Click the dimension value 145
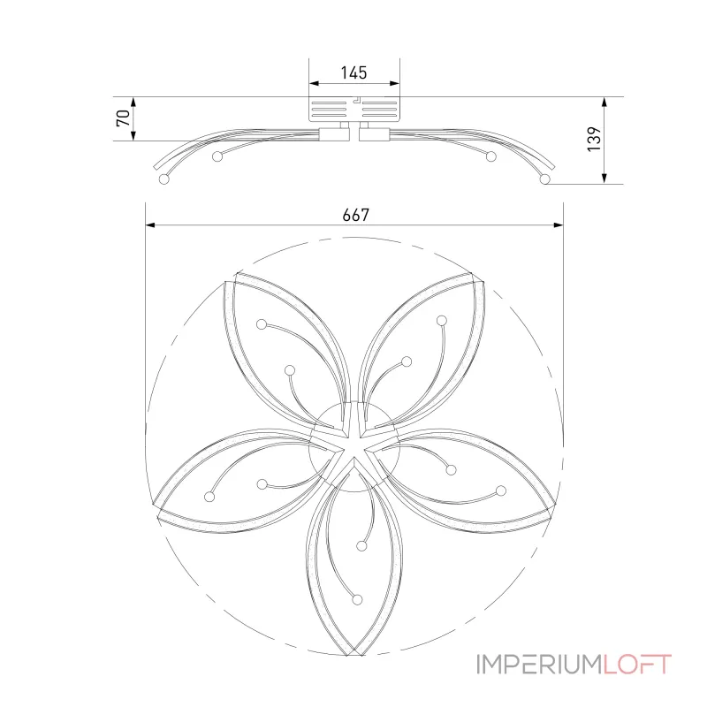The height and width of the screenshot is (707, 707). (354, 72)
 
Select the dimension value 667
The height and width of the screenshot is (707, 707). (356, 215)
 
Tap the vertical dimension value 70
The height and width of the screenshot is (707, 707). (124, 118)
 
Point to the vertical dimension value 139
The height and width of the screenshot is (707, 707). (594, 140)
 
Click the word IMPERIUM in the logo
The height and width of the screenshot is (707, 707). (539, 665)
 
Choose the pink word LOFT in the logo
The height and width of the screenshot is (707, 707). (637, 665)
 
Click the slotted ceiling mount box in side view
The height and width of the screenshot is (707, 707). (354, 109)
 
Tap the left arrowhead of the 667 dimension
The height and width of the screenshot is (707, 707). (150, 224)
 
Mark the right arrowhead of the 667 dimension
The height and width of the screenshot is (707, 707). (559, 224)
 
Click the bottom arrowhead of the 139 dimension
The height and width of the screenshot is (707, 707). (604, 179)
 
